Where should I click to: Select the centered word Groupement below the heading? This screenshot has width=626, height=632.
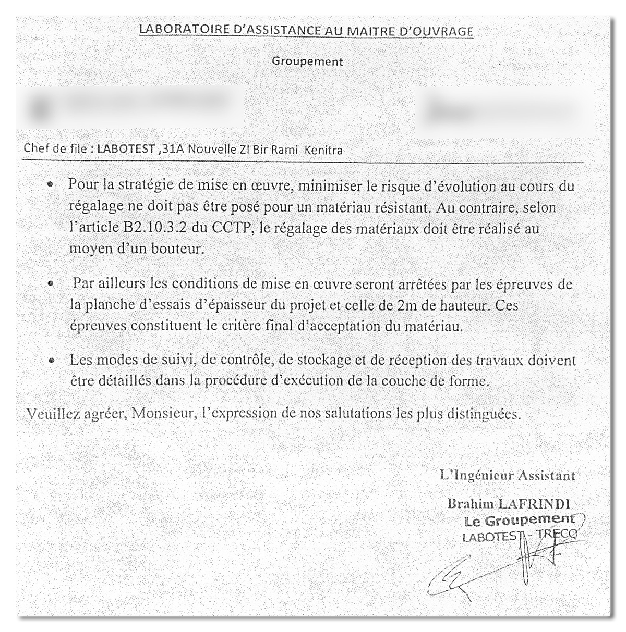tap(307, 61)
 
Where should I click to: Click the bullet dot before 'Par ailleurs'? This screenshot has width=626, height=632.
tap(51, 284)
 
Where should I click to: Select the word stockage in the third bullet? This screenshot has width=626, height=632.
tap(318, 360)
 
